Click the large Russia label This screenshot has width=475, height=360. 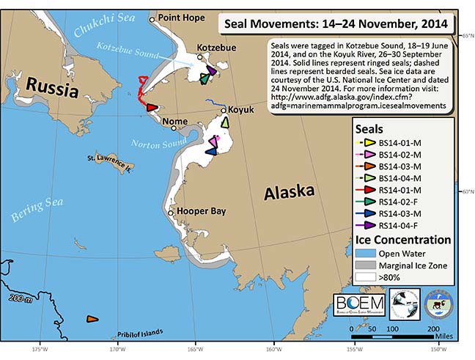(52, 89)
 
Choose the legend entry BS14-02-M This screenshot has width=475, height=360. (399, 155)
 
